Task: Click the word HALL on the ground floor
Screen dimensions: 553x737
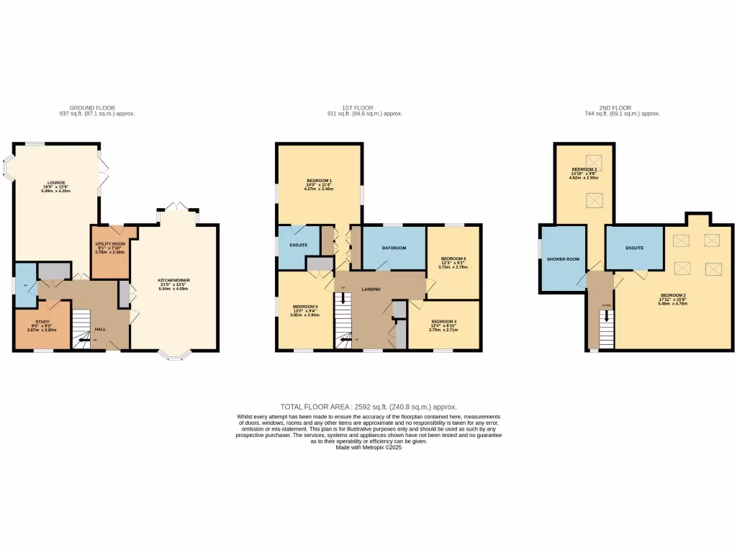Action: tap(101, 329)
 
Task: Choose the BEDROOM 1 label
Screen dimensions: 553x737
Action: tap(319, 179)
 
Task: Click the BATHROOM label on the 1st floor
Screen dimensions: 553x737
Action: tap(394, 248)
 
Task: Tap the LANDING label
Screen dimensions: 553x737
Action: tap(371, 289)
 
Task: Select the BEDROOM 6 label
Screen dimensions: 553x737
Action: tap(453, 258)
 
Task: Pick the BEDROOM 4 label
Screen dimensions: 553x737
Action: tap(443, 321)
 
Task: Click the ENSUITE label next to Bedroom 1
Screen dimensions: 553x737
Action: tap(298, 245)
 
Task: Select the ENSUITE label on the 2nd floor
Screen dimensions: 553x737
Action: tap(634, 248)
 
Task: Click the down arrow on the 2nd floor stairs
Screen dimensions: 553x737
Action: tap(606, 315)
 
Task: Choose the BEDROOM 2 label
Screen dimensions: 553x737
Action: tap(674, 295)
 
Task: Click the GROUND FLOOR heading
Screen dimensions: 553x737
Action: tap(97, 108)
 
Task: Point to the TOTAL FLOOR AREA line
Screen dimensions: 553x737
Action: tap(368, 407)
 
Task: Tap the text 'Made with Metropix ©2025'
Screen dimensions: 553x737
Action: tap(368, 447)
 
